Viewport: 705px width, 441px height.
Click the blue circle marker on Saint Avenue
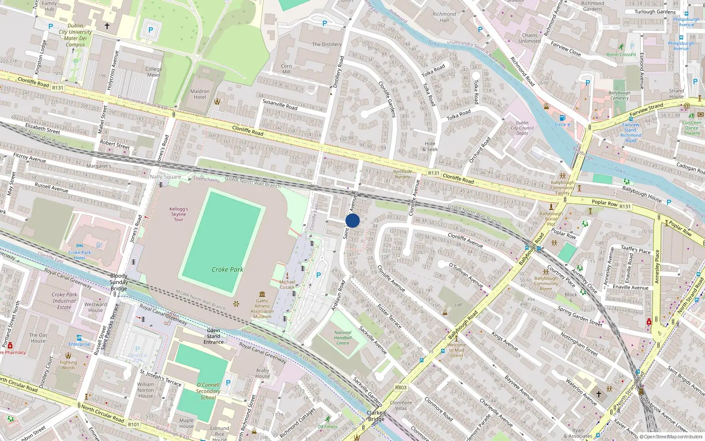click(x=352, y=220)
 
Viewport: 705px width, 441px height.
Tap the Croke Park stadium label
click(x=227, y=269)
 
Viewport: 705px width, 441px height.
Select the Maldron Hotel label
click(x=200, y=94)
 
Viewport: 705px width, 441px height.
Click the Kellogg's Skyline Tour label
click(x=178, y=214)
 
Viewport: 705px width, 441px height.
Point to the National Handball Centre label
click(x=343, y=338)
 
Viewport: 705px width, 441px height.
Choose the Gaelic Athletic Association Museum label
click(x=262, y=309)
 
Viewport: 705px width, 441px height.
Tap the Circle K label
click(x=562, y=124)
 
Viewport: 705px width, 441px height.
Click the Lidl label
click(x=458, y=305)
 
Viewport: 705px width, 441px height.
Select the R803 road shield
click(x=401, y=388)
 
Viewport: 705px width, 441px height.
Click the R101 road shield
click(x=134, y=424)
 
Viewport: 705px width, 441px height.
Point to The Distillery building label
click(x=327, y=45)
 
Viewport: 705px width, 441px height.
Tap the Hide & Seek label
click(x=430, y=146)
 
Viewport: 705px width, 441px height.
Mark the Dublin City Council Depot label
click(x=522, y=128)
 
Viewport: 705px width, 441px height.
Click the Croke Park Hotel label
click(x=80, y=255)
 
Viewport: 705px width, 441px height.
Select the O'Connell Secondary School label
click(x=208, y=391)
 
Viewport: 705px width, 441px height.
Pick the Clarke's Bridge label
click(x=376, y=416)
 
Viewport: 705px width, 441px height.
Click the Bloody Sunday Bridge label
click(x=119, y=282)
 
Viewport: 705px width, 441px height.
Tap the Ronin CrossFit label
click(x=621, y=55)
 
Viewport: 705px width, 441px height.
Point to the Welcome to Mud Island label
click(x=456, y=350)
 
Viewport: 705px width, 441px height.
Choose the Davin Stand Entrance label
click(x=214, y=336)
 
